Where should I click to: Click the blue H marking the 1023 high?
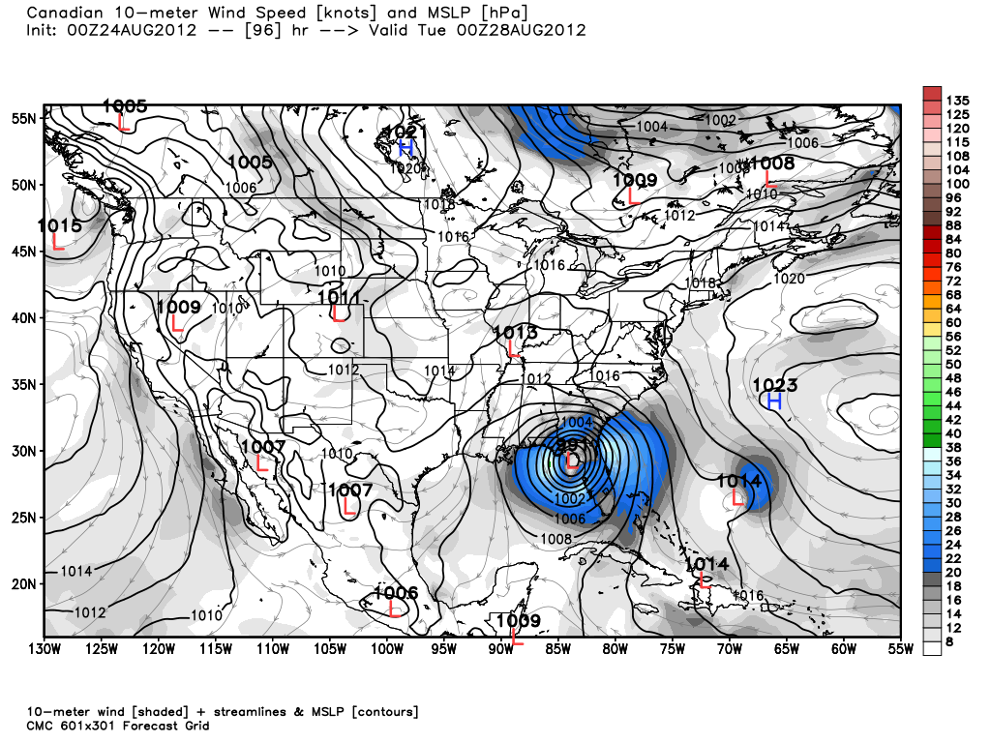(774, 401)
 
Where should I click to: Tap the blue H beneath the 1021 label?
(406, 148)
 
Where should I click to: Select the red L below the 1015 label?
(58, 243)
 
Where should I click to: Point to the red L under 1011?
(338, 312)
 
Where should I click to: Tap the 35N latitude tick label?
(24, 384)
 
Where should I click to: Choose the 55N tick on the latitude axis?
(24, 118)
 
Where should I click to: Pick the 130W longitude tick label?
(44, 649)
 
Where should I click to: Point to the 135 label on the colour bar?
(957, 100)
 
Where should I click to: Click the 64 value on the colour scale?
(952, 308)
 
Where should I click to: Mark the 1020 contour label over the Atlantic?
(789, 279)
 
